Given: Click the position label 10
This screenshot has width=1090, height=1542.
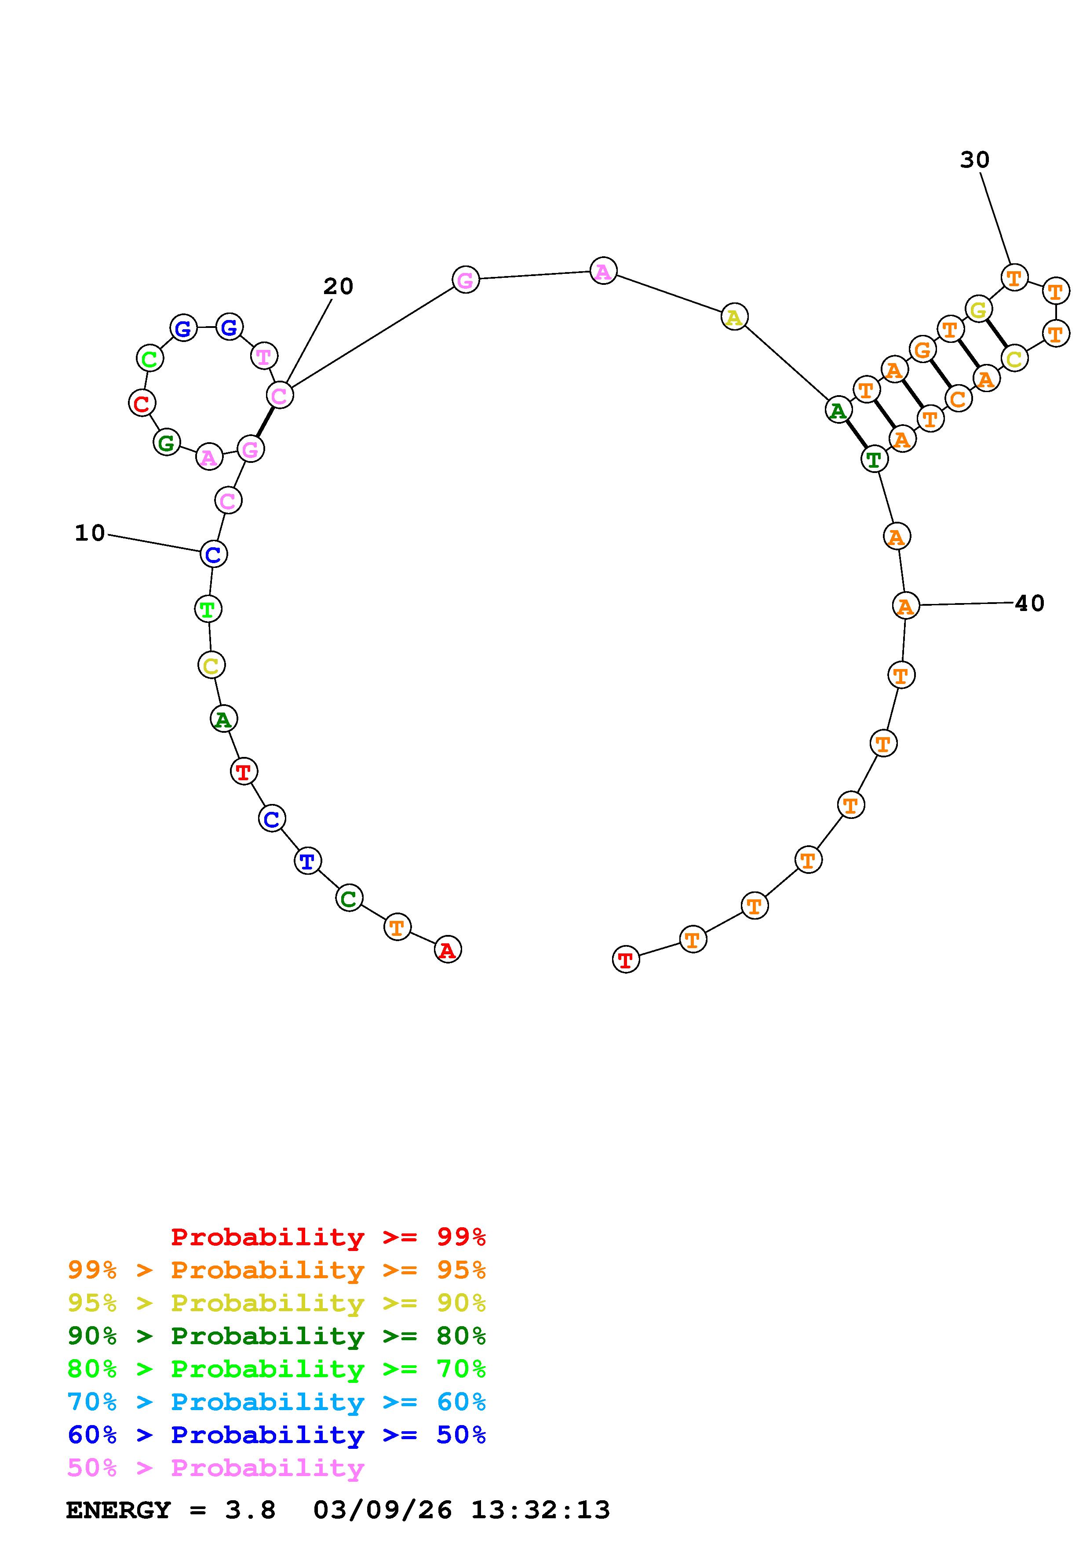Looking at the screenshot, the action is point(90,533).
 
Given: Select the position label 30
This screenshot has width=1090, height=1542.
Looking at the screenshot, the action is point(974,160).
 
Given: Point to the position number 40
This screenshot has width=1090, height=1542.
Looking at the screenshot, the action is point(1029,603).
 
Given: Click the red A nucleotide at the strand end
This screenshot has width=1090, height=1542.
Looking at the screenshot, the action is point(448,949).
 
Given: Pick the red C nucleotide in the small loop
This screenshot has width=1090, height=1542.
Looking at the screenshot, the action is point(142,404).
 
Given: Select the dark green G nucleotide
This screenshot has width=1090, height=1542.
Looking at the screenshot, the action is point(167,443).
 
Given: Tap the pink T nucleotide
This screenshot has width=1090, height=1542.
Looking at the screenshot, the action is point(264,356).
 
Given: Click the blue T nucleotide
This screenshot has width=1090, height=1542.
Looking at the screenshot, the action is point(308,861).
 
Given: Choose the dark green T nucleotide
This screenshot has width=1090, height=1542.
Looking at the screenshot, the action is point(874,459).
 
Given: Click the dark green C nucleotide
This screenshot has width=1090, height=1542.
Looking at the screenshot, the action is point(349,898).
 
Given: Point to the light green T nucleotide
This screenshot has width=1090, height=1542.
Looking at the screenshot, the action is point(208,609).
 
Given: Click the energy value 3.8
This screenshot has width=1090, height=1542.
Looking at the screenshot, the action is point(250,1510).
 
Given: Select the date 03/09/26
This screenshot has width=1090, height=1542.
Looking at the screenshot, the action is point(383,1510).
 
